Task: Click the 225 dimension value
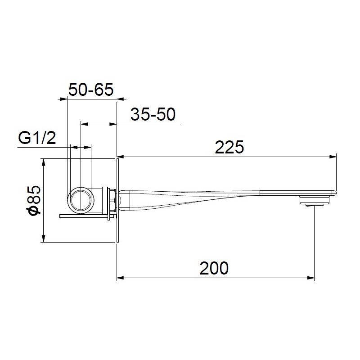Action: pos(229,147)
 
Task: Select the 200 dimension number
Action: pos(214,268)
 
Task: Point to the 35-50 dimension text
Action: pos(153,115)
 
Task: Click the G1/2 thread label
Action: pos(37,138)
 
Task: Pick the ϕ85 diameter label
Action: pos(34,200)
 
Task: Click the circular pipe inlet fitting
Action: pos(81,198)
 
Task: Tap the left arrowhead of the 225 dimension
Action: pos(121,157)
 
